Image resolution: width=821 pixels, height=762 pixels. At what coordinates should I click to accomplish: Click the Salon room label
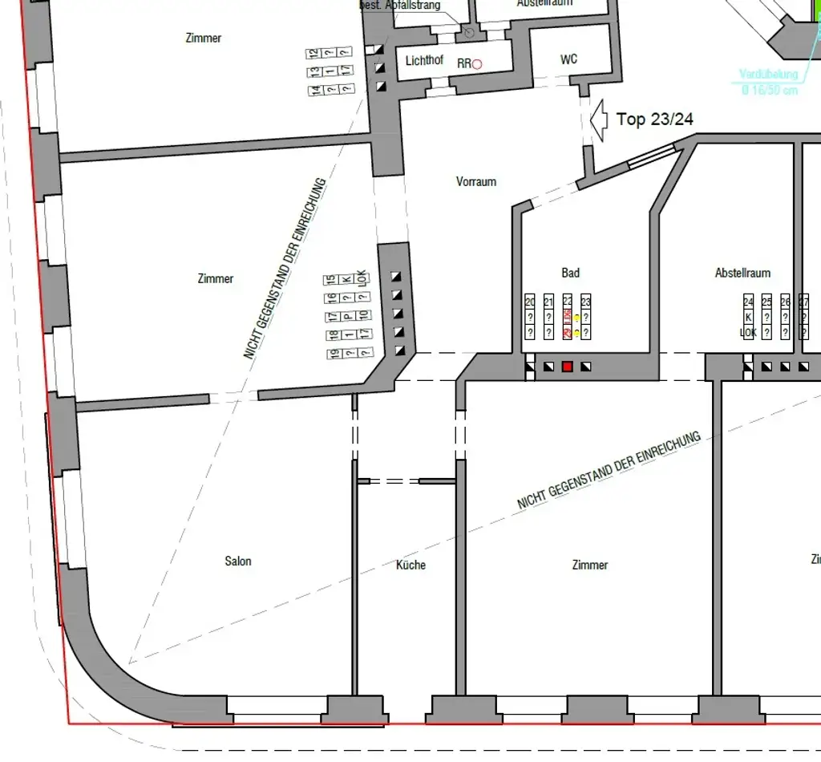tap(238, 561)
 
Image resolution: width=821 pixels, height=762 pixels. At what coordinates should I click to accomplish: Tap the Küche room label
tap(410, 565)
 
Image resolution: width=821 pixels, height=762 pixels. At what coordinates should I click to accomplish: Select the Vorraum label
tap(476, 181)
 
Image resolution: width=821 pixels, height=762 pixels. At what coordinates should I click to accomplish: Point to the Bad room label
tap(570, 274)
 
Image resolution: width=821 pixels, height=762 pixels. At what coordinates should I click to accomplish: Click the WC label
tap(568, 59)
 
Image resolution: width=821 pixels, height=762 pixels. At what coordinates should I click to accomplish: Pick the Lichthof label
tap(424, 60)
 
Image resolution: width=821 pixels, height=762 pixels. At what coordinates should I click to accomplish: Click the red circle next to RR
tap(477, 64)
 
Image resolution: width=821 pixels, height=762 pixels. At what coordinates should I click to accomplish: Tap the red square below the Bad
tap(567, 367)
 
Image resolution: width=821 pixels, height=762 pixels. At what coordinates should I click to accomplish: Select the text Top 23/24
tap(654, 120)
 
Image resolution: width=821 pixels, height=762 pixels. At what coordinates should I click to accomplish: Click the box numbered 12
tap(314, 53)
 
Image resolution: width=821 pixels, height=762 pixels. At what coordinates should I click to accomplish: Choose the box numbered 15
tap(330, 280)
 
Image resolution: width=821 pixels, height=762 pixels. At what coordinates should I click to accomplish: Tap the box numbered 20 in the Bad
tap(530, 302)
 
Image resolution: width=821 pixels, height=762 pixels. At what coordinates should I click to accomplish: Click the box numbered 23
tap(586, 302)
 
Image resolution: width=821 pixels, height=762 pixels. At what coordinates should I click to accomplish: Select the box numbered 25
tap(766, 302)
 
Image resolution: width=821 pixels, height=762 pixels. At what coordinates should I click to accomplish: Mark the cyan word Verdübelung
tap(768, 75)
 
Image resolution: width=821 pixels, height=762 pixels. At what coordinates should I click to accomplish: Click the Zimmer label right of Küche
tap(590, 565)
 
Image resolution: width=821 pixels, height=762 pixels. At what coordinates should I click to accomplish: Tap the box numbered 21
tap(548, 302)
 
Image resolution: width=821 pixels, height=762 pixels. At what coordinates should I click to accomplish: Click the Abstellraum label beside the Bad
tap(743, 274)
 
